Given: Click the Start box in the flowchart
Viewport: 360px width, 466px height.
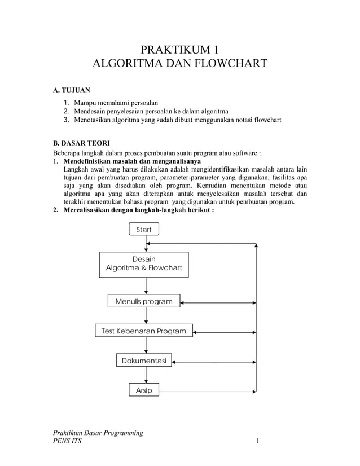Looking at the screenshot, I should point(144,229).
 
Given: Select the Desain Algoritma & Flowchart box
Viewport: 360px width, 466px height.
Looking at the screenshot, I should point(144,264).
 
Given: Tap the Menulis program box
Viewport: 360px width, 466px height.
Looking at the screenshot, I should point(144,301).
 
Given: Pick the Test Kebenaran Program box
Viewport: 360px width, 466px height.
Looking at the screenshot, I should point(143,331).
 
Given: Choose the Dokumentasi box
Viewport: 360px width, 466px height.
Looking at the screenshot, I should point(144,360).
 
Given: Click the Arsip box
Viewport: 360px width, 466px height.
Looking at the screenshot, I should point(144,390).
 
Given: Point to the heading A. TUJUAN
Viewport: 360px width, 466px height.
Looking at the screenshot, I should point(71,90).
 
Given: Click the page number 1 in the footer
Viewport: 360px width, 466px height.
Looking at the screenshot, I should point(257,441).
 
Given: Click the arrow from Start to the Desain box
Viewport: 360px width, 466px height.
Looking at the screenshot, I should point(146,244).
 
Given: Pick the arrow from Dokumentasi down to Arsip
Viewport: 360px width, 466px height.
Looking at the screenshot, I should point(146,375).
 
